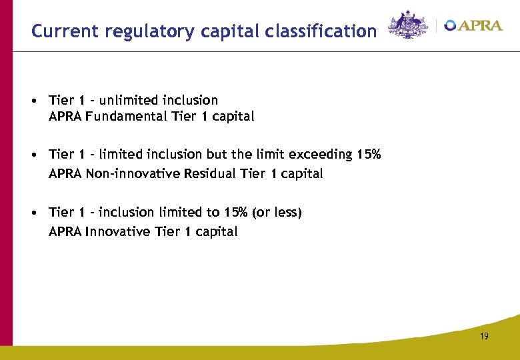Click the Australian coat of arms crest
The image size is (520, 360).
(x=408, y=25)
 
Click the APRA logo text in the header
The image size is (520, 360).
(x=480, y=26)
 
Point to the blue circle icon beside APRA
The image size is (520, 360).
(x=451, y=26)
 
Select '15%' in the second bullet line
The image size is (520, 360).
(x=369, y=154)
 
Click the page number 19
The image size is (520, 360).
(x=484, y=337)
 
